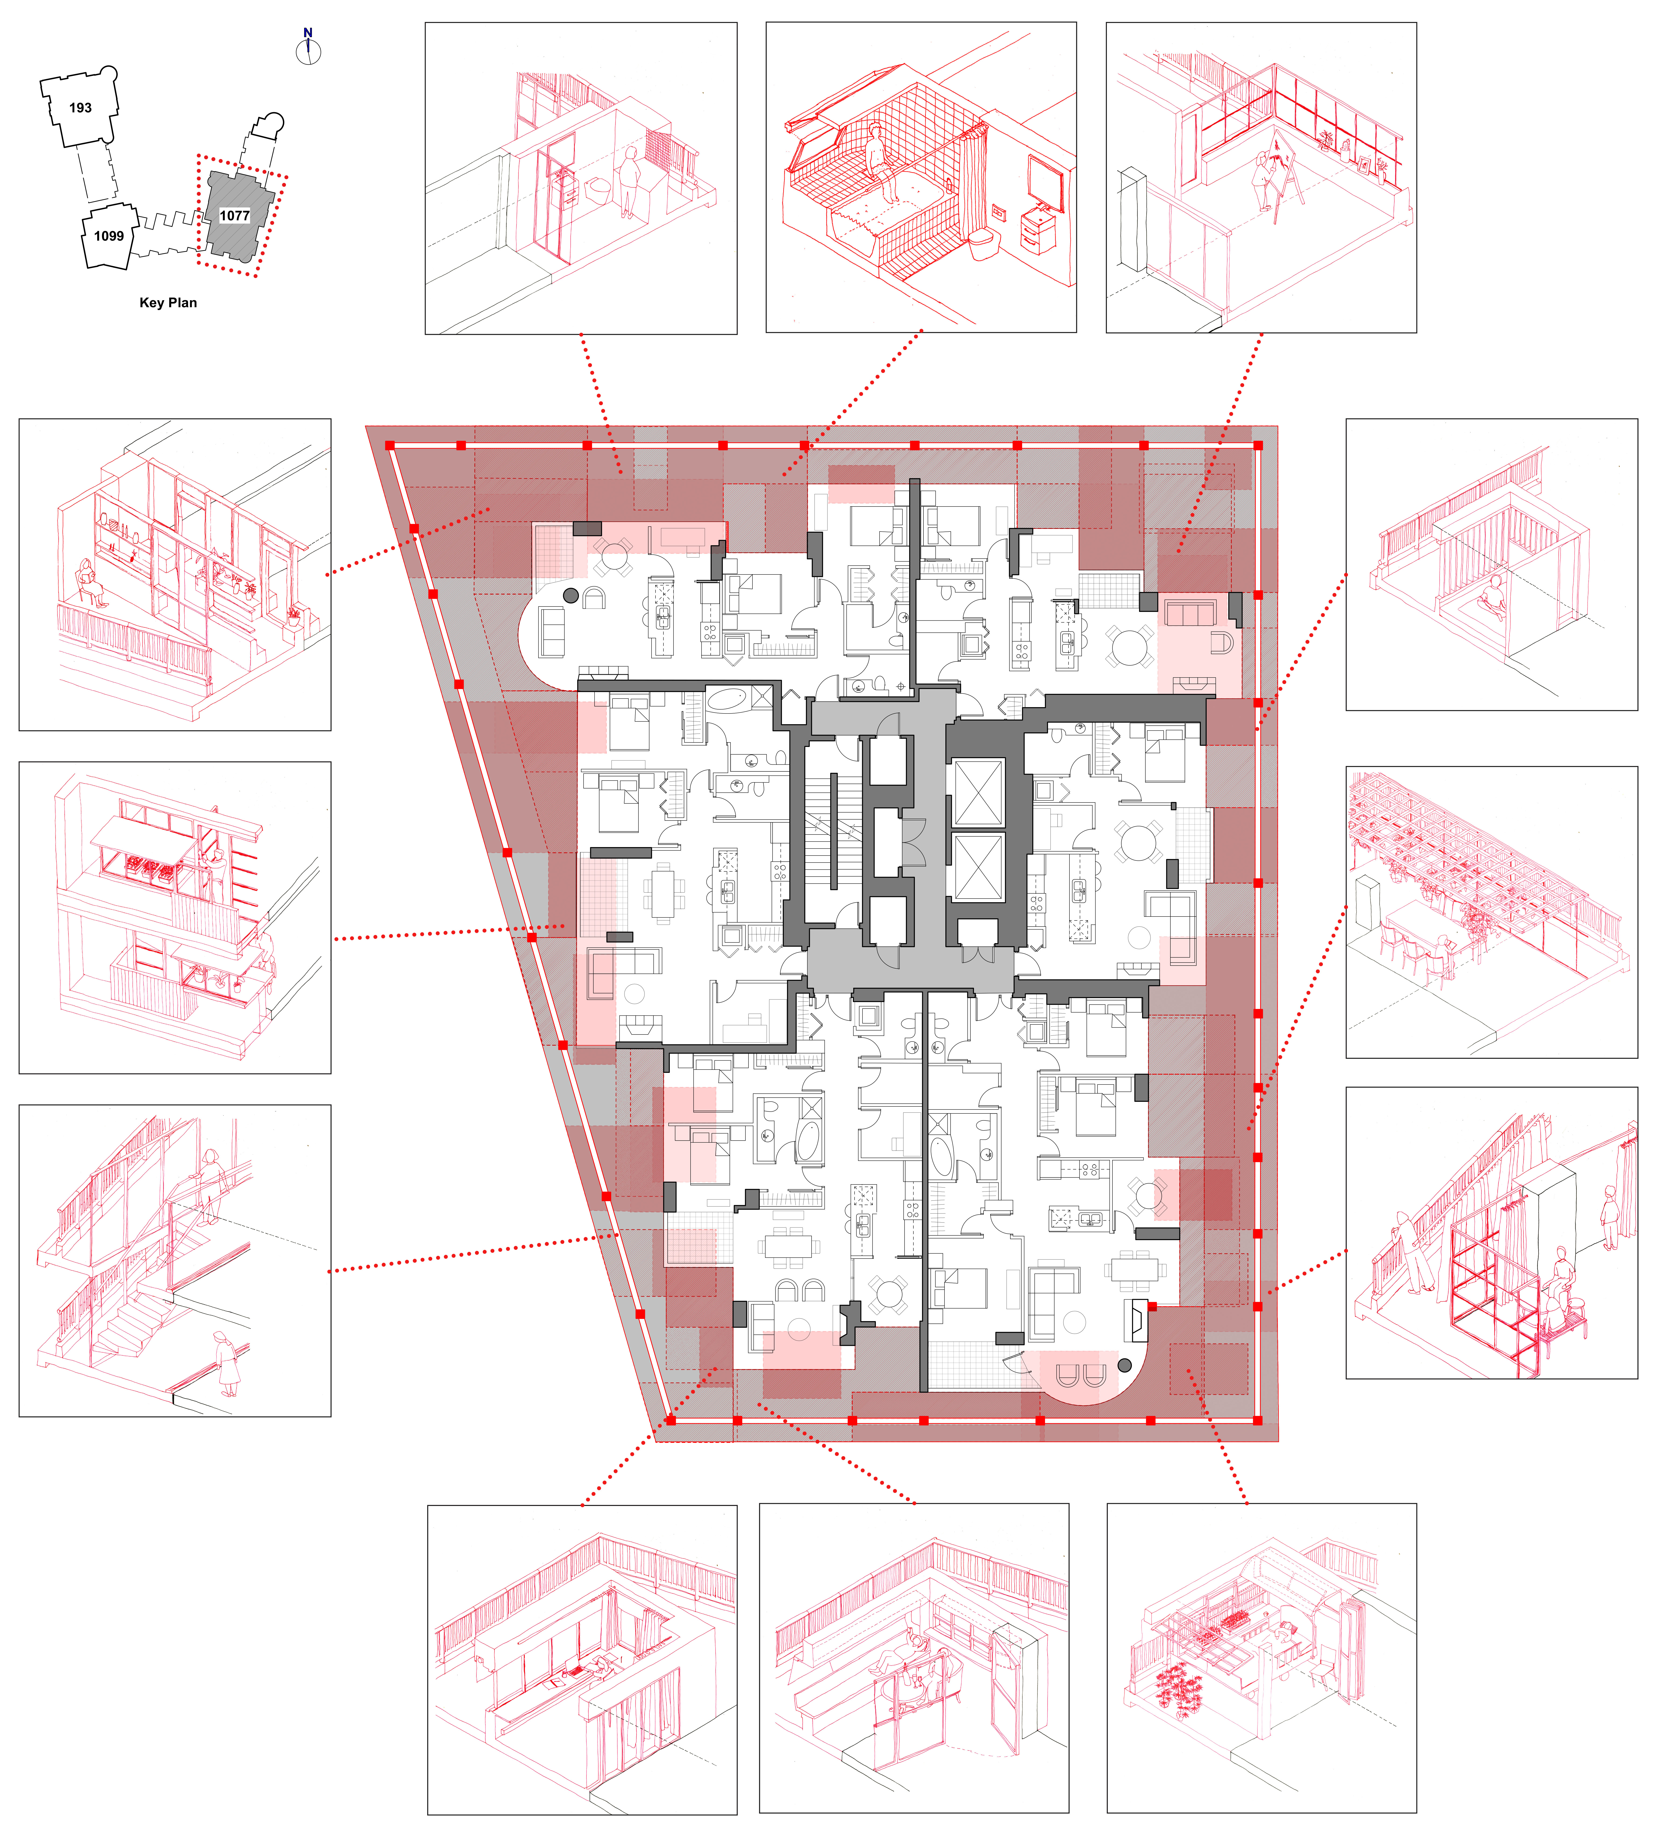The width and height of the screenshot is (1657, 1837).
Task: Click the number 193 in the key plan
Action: tap(80, 107)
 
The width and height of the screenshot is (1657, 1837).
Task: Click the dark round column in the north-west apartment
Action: tap(571, 595)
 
